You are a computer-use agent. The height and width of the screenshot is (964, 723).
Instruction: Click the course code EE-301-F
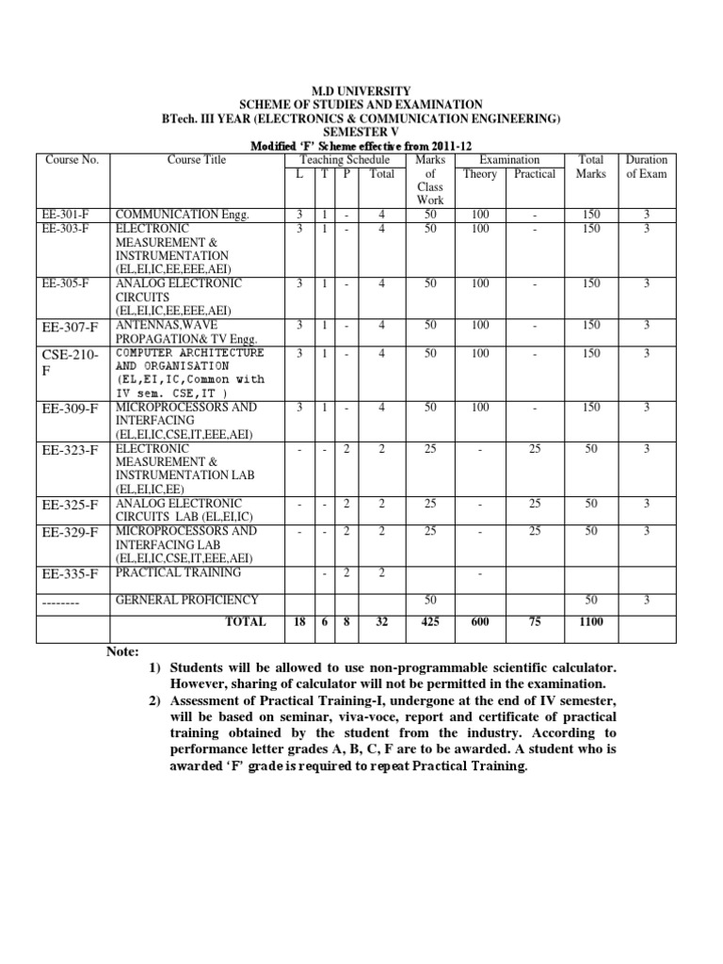(x=67, y=215)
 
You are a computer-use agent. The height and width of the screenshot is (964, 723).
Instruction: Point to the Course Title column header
(x=197, y=160)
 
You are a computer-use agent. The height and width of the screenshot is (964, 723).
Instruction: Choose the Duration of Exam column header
(x=646, y=167)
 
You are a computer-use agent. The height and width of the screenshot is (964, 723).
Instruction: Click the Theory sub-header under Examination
(x=480, y=174)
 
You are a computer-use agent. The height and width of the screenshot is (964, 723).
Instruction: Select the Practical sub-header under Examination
(x=535, y=174)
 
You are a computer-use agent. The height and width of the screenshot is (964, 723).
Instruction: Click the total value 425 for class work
(x=430, y=621)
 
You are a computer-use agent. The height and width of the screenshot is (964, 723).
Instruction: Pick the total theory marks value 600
(x=480, y=621)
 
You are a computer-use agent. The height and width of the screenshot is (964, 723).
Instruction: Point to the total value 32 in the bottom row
(x=382, y=621)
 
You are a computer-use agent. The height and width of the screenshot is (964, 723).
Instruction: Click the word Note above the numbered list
(x=122, y=651)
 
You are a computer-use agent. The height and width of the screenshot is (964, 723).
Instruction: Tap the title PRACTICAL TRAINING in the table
(x=178, y=571)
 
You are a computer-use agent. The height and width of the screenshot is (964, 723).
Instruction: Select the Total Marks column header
(x=591, y=167)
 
